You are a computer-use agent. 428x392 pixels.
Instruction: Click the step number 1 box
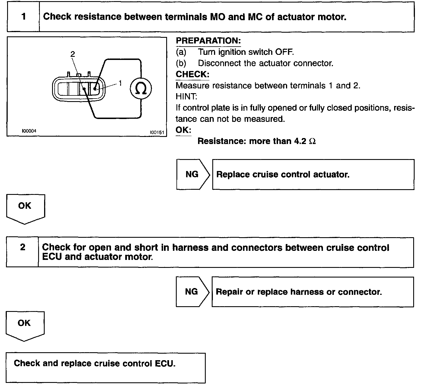pos(23,17)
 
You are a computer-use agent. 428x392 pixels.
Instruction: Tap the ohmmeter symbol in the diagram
pos(141,89)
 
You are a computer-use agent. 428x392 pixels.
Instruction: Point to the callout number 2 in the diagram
pos(73,54)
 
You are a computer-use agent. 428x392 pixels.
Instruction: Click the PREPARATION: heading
pos(208,41)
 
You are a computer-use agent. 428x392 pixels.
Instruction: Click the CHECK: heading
pos(192,74)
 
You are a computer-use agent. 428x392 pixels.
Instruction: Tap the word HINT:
pos(186,97)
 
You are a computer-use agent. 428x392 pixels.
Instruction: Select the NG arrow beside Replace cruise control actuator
pos(193,174)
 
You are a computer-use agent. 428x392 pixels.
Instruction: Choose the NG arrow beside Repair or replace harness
pos(192,291)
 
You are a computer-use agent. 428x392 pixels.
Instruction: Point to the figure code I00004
pos(29,131)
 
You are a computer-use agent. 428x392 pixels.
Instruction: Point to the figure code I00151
pos(157,132)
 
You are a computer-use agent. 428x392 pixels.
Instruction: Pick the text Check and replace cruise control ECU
pos(94,363)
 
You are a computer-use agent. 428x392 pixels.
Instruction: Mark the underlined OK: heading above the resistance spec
pos(183,130)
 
